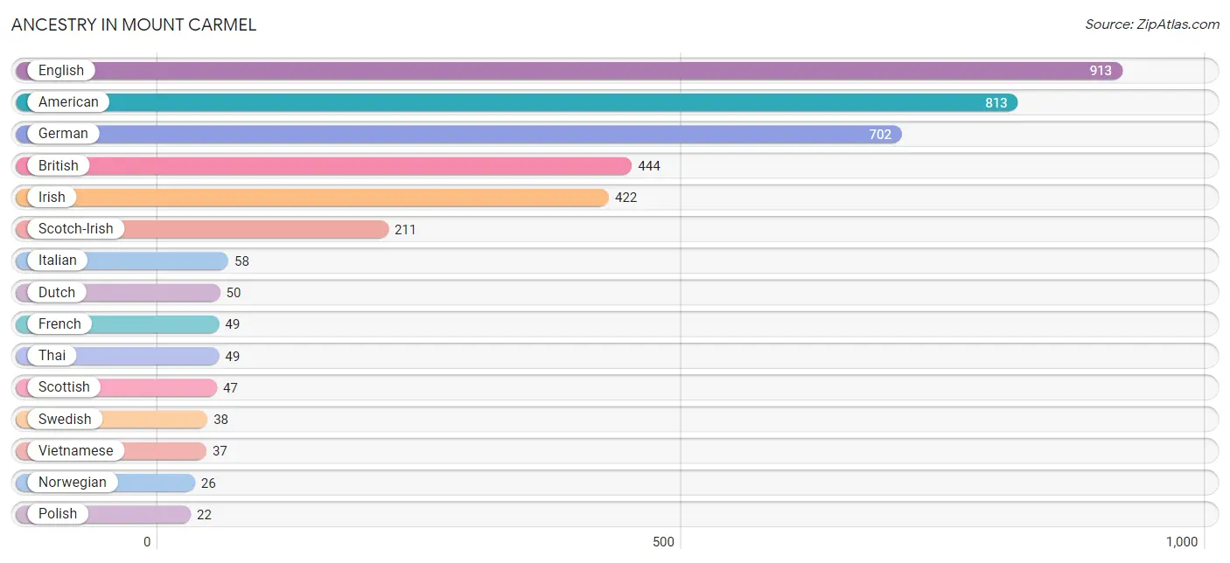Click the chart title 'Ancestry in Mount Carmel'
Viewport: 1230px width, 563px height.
[x=134, y=24]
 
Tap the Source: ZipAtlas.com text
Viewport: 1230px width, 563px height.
[x=1151, y=24]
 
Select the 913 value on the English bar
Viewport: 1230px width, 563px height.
[x=1101, y=71]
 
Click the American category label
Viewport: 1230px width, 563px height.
[x=68, y=102]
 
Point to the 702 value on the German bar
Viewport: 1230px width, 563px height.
[x=880, y=135]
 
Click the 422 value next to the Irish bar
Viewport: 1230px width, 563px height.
[x=626, y=198]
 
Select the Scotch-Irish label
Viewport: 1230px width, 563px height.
[x=76, y=229]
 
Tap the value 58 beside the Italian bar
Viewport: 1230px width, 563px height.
[x=241, y=261]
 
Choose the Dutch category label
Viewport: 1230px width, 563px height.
[x=57, y=293]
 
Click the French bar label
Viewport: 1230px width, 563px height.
[x=59, y=323]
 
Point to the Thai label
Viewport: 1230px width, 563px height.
[x=52, y=356]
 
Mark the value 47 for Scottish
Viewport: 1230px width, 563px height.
[x=230, y=388]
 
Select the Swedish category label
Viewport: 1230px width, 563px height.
[x=65, y=420]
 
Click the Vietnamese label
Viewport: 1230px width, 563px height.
[x=76, y=450]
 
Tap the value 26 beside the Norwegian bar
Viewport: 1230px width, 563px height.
[x=208, y=483]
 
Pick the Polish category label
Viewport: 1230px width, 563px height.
[x=58, y=514]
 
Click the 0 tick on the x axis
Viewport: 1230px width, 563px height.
[x=147, y=542]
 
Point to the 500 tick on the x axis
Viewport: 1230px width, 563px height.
[x=663, y=542]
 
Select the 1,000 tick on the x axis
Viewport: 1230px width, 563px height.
[x=1182, y=542]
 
